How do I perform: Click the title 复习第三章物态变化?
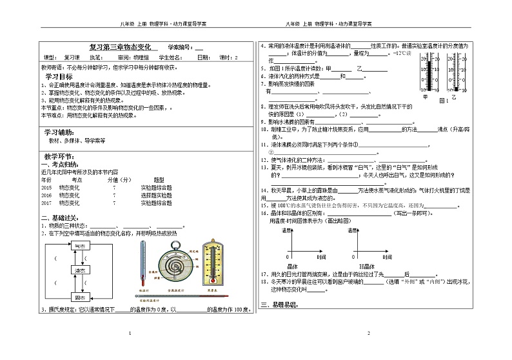(123, 48)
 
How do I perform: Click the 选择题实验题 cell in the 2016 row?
(156, 194)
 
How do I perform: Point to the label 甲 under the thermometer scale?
(424, 97)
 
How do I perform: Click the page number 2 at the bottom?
(369, 333)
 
